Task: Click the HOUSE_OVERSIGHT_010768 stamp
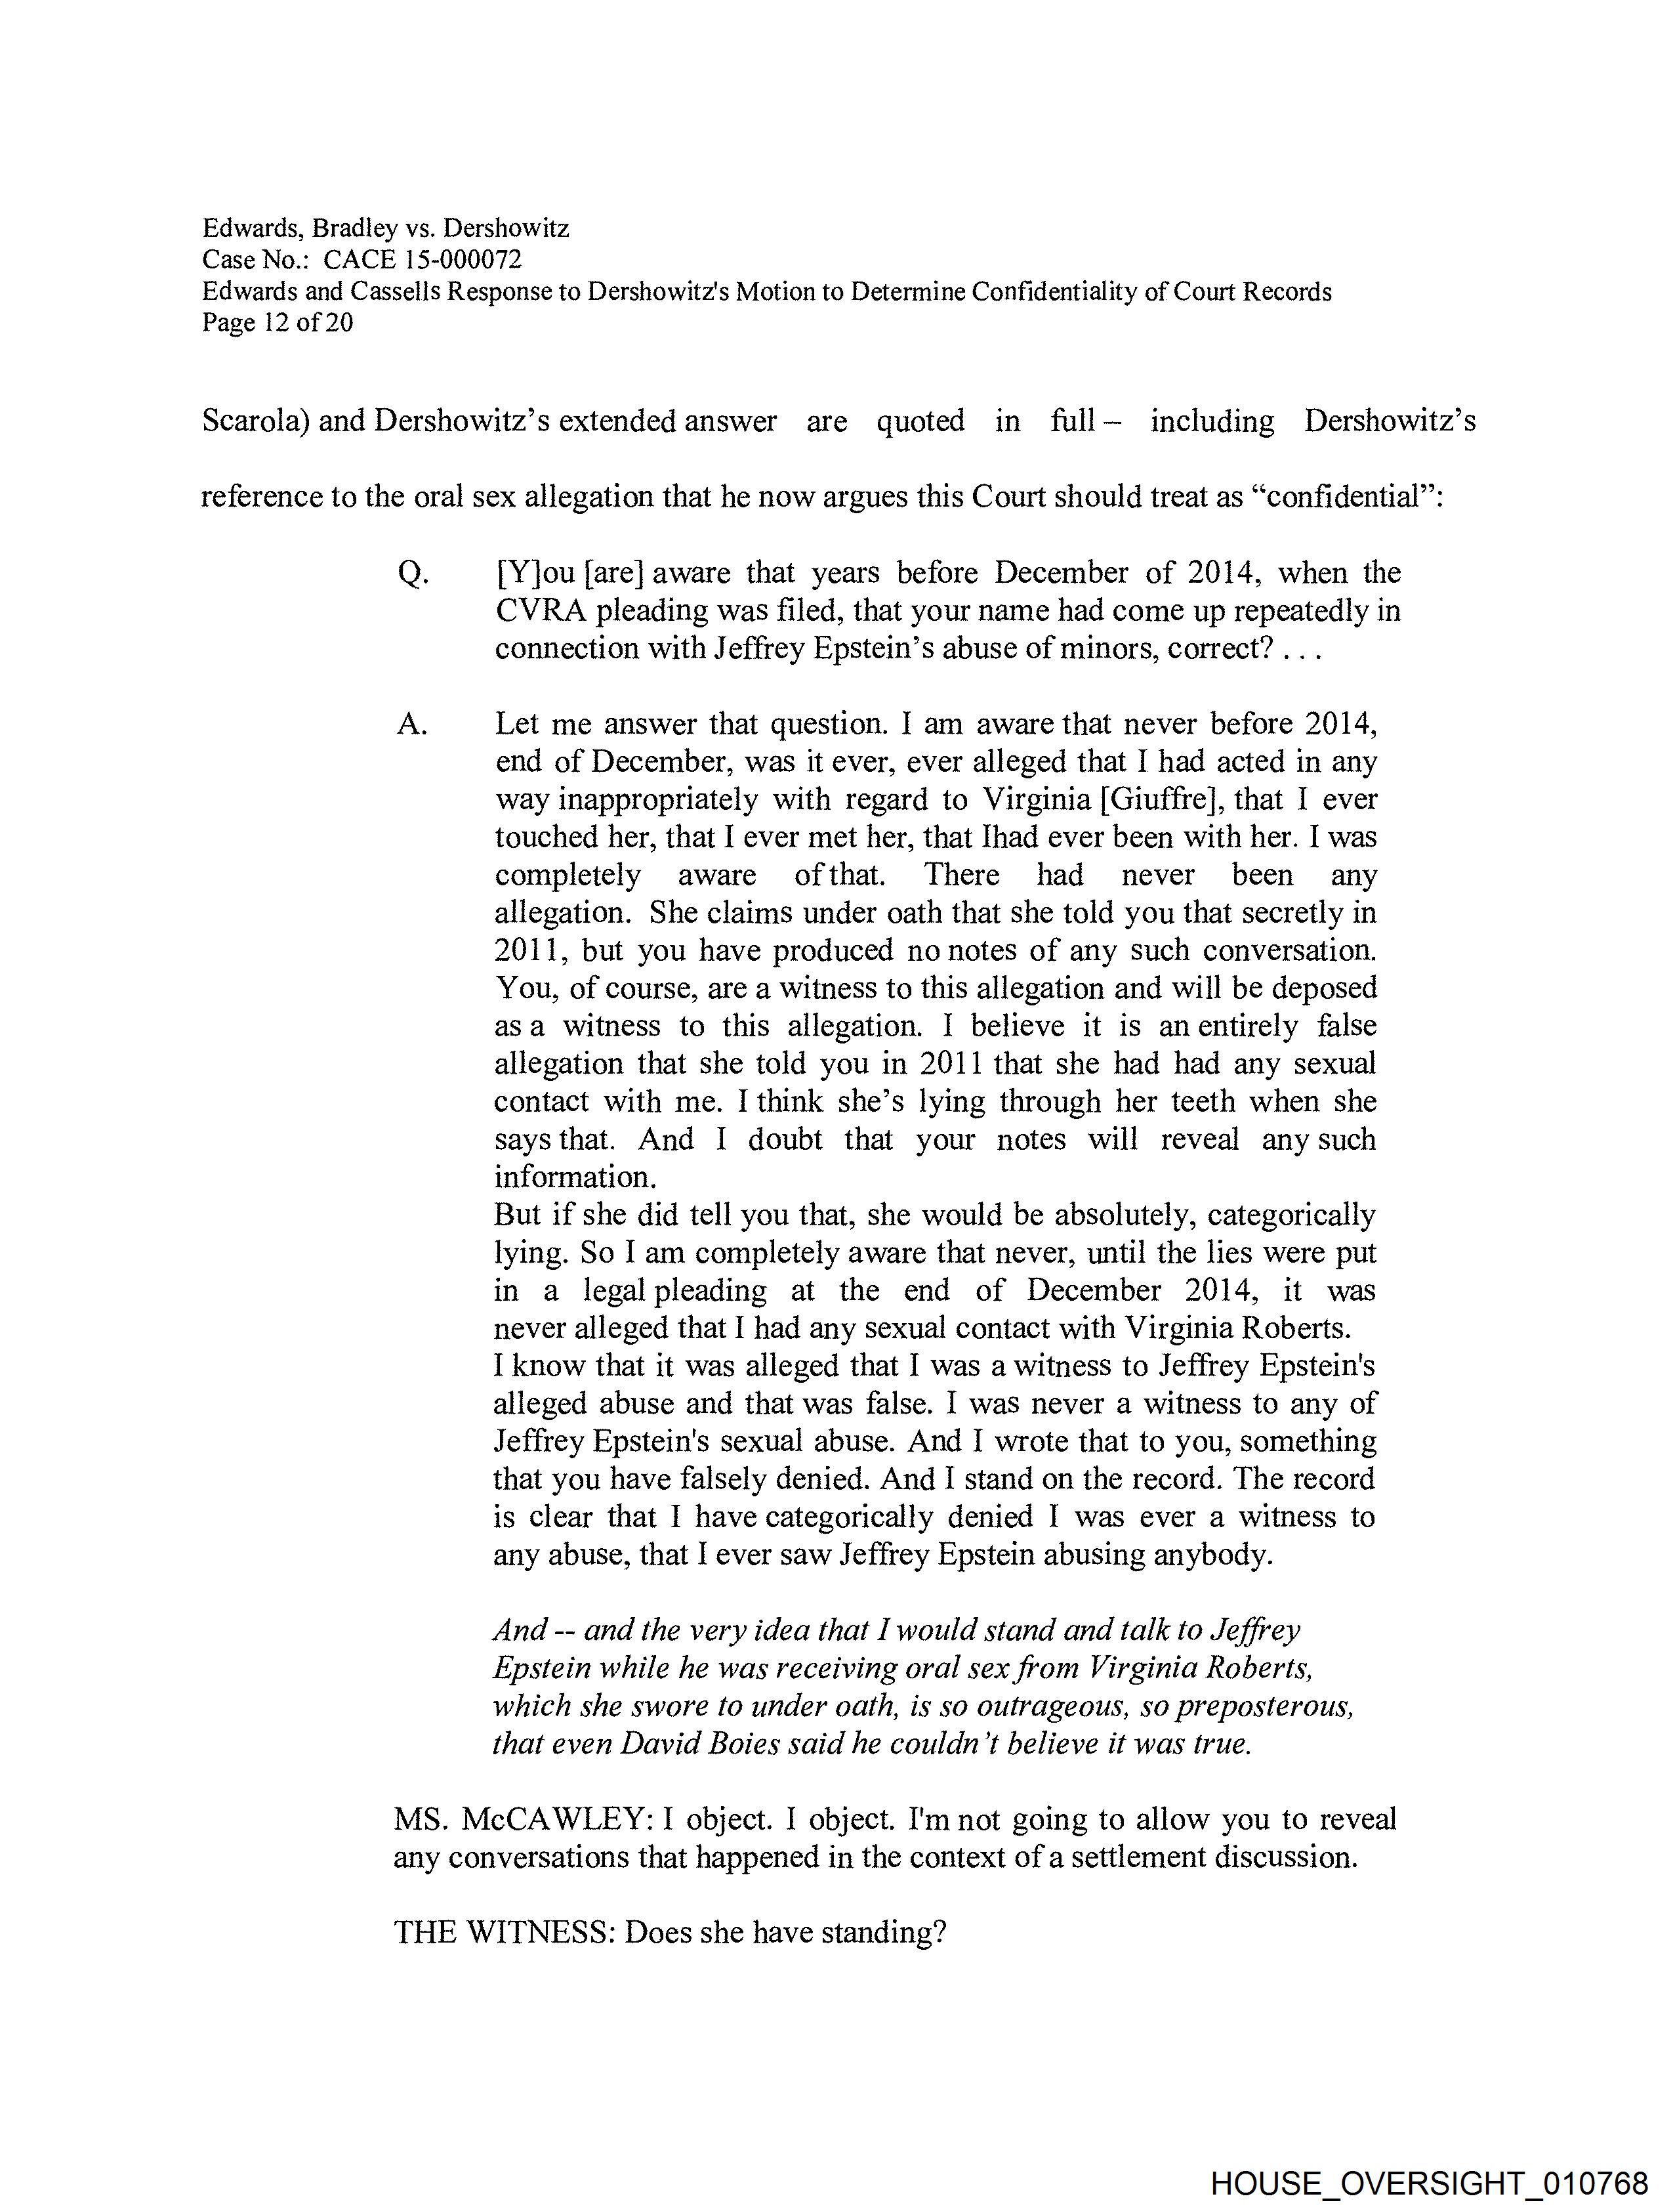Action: (1428, 2181)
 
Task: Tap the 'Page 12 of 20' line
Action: (277, 323)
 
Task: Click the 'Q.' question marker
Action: (413, 574)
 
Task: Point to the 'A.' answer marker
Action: (412, 725)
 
